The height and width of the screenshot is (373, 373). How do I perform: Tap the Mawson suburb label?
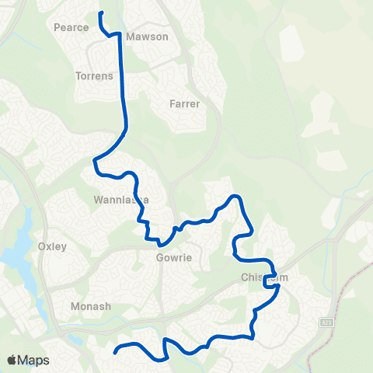pyautogui.click(x=147, y=37)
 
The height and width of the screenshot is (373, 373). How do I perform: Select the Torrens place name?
pyautogui.click(x=95, y=76)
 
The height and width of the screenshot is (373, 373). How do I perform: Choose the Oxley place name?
pyautogui.click(x=52, y=246)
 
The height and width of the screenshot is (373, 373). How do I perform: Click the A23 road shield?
pyautogui.click(x=326, y=320)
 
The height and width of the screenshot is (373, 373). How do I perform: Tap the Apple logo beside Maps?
pyautogui.click(x=12, y=361)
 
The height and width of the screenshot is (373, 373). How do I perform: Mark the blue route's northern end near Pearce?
pyautogui.click(x=100, y=13)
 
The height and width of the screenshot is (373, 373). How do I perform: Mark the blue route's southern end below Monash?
pyautogui.click(x=115, y=352)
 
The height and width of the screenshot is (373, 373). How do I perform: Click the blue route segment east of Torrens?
pyautogui.click(x=123, y=85)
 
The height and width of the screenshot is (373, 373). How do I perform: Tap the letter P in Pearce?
pyautogui.click(x=57, y=27)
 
